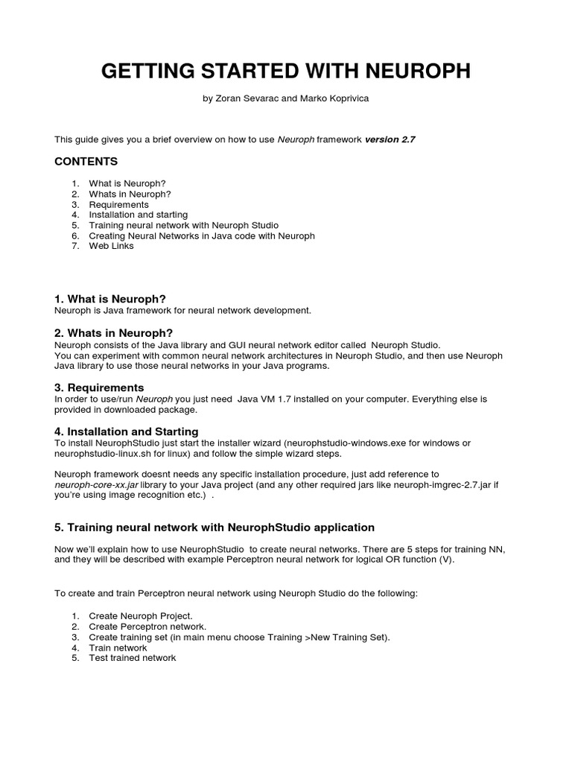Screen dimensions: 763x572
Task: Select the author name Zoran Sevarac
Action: click(x=246, y=98)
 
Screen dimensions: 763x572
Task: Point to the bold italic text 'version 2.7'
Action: click(x=390, y=139)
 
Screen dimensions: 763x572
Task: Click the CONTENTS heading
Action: click(x=86, y=162)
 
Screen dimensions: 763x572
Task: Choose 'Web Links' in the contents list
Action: click(x=112, y=246)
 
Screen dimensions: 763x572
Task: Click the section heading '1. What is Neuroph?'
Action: click(x=110, y=299)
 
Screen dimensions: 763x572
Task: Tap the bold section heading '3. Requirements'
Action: click(x=99, y=387)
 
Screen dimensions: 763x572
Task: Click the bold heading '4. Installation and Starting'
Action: click(x=126, y=431)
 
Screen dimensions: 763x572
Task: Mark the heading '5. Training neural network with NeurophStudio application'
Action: click(x=214, y=528)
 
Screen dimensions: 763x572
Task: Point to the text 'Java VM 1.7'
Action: click(x=263, y=399)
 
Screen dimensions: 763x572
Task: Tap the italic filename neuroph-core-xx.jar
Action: click(x=97, y=484)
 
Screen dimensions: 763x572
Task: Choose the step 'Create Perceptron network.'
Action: click(x=147, y=627)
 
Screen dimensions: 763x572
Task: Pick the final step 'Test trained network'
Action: click(x=133, y=658)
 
